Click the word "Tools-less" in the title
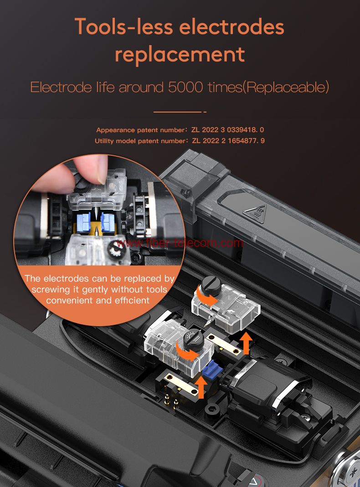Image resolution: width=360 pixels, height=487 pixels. [x=123, y=27]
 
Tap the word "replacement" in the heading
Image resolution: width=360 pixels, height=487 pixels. [x=180, y=55]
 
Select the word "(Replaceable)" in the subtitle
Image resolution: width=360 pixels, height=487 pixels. [x=285, y=87]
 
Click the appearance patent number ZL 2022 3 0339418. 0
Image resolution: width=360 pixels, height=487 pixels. [x=228, y=130]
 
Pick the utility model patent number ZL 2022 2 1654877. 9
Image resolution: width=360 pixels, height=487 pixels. [x=228, y=141]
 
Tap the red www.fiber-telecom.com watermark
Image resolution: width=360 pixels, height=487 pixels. [x=179, y=242]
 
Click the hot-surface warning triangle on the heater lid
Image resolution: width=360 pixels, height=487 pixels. [x=255, y=214]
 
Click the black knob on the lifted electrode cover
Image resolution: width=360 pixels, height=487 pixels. [x=211, y=285]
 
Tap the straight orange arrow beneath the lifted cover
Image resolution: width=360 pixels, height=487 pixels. [x=247, y=343]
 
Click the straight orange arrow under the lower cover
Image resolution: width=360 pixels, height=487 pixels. [x=201, y=387]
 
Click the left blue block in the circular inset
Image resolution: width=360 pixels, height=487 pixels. [x=83, y=221]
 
